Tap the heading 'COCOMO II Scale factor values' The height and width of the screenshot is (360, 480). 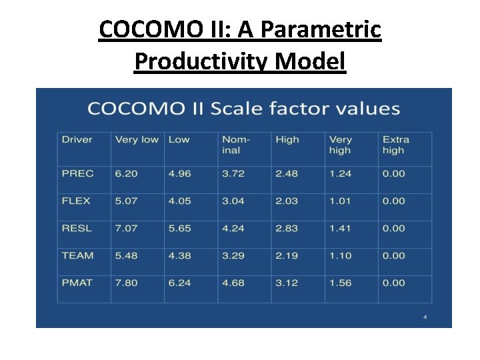(243, 109)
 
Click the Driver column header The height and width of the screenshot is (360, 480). (77, 139)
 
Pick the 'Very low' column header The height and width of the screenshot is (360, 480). (137, 139)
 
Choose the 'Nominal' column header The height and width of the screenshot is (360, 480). (236, 145)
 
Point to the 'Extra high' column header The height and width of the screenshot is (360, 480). (395, 145)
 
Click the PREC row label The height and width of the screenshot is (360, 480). (77, 173)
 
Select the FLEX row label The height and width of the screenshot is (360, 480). (76, 201)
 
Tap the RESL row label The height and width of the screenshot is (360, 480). (77, 228)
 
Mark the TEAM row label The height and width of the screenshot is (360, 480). (77, 255)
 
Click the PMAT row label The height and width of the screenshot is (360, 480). (77, 283)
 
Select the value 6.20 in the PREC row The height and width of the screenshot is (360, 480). (126, 173)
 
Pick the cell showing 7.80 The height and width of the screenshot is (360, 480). (126, 283)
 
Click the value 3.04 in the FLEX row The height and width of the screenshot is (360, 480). (233, 201)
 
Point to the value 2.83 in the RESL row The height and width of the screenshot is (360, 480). (287, 228)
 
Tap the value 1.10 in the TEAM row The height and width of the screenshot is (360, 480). (340, 255)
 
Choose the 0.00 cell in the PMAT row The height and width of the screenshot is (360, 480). (393, 283)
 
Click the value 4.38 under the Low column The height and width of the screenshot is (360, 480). (179, 255)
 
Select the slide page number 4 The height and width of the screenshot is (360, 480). (425, 317)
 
